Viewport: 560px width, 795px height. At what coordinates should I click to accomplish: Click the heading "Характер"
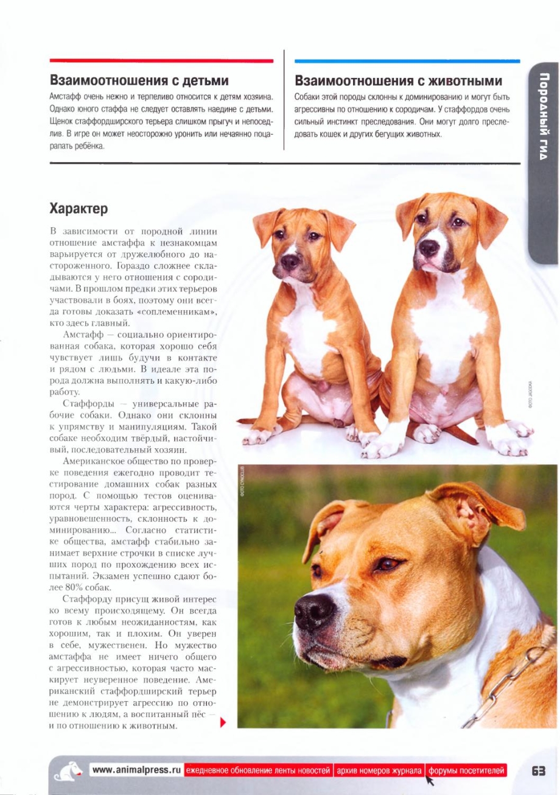click(x=79, y=208)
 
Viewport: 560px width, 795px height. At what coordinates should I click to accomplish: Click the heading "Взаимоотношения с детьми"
click(x=139, y=80)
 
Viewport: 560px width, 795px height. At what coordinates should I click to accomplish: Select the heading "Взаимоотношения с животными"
click(x=398, y=80)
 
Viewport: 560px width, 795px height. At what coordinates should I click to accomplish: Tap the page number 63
click(x=538, y=771)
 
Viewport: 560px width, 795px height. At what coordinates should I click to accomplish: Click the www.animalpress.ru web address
click(x=136, y=770)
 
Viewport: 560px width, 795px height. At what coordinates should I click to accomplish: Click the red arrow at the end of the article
click(x=223, y=723)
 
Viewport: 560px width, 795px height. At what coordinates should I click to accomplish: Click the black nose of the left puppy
click(x=290, y=262)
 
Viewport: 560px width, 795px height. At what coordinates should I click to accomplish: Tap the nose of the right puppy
click(x=429, y=247)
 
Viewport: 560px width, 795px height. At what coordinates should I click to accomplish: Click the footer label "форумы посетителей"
click(x=466, y=771)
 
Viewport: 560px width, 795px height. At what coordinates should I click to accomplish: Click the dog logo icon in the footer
click(x=68, y=771)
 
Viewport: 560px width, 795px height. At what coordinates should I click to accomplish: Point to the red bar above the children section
click(x=161, y=61)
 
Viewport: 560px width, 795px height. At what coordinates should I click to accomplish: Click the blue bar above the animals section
click(x=407, y=61)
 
